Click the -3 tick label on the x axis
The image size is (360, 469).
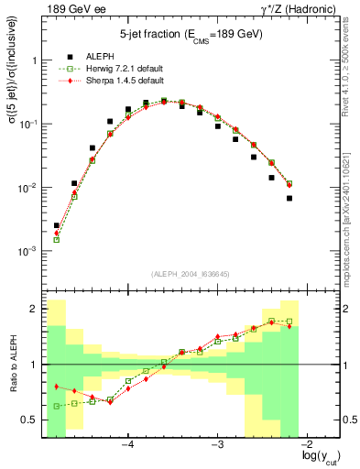(x=217, y=446)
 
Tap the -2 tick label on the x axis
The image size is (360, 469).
(x=307, y=446)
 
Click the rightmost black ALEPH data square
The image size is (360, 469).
(x=289, y=198)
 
